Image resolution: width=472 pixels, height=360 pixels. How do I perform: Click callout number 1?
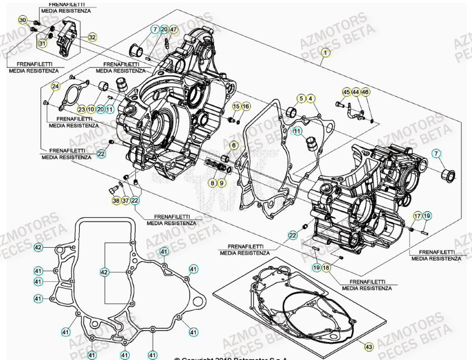point(324,53)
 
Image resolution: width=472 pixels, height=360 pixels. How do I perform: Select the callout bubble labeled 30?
point(22,21)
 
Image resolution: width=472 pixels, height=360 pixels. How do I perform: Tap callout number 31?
point(43,43)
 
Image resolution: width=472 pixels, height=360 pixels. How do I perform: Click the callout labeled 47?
point(173,29)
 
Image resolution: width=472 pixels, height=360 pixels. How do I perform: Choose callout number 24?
point(55,86)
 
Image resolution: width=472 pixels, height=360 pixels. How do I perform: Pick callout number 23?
point(81,109)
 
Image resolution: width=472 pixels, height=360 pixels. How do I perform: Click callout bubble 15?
point(236,106)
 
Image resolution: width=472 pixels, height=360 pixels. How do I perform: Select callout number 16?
point(246,106)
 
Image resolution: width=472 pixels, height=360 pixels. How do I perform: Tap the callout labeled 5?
point(301,99)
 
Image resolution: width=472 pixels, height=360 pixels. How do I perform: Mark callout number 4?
point(311,99)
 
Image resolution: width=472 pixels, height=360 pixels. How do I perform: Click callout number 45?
point(346,92)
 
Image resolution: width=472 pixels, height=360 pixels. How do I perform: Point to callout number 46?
point(365,92)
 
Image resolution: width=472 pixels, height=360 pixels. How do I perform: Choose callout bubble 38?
point(116,200)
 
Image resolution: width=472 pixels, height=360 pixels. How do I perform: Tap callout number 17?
point(418,216)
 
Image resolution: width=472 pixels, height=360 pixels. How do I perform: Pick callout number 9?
point(222,183)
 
